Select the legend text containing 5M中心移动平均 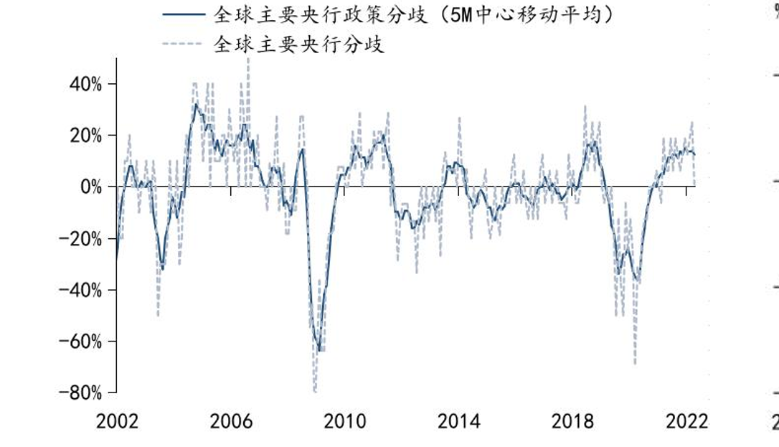click(416, 14)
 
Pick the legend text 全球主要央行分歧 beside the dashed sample click(299, 44)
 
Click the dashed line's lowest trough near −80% click(314, 391)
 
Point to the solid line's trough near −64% click(318, 350)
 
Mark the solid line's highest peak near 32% click(195, 104)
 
